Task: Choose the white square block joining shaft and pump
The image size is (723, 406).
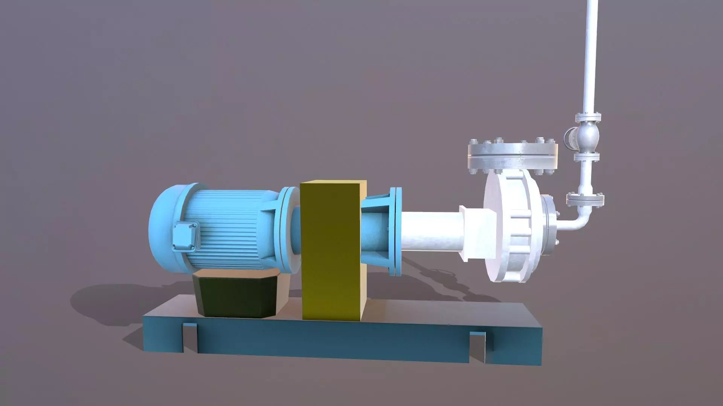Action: tap(476, 233)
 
